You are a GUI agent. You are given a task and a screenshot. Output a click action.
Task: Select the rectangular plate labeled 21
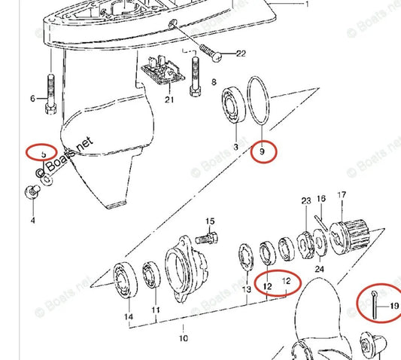click(166, 74)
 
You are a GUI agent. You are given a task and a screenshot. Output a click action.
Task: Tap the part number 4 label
click(32, 221)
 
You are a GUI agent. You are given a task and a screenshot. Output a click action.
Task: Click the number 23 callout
click(305, 200)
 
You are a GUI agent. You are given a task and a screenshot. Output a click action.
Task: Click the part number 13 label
click(245, 288)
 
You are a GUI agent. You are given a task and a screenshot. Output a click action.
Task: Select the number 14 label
click(129, 317)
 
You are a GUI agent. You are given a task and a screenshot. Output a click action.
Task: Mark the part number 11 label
click(156, 310)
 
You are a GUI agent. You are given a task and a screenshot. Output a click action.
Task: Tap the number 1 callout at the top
click(306, 5)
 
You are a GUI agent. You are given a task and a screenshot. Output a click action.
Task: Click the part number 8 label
click(214, 81)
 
